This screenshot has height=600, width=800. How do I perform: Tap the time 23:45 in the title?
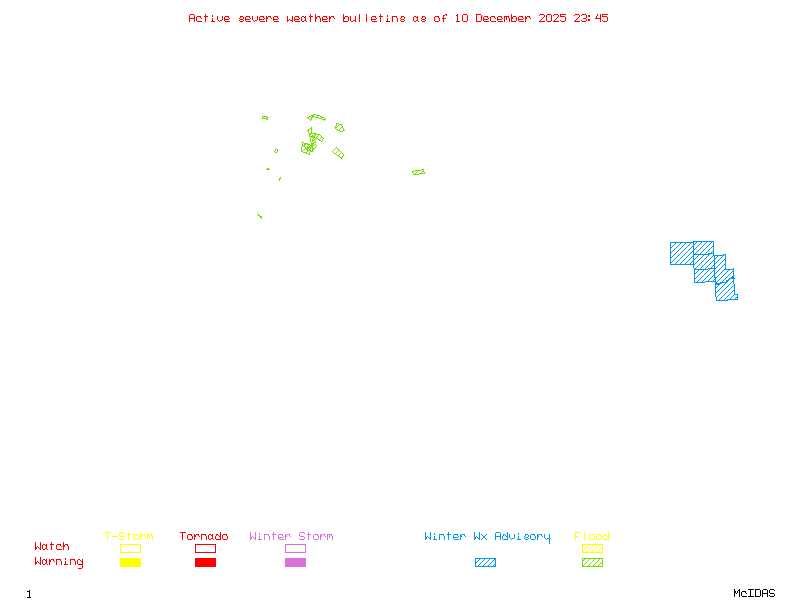[589, 18]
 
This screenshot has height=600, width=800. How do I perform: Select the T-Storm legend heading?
[129, 537]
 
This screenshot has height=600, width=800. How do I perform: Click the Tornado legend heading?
[204, 537]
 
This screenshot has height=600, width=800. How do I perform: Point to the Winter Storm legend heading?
[291, 537]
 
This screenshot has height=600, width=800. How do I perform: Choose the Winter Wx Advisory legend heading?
[487, 537]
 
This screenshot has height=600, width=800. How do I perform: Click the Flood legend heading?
[592, 537]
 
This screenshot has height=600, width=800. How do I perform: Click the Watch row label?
[52, 547]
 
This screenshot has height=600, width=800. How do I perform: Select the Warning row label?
[59, 562]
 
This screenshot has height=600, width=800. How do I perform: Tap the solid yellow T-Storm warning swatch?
[130, 562]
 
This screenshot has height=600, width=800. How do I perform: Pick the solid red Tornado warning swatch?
[205, 562]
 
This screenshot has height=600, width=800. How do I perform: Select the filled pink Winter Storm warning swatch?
[295, 562]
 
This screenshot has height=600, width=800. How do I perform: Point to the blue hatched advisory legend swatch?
[485, 562]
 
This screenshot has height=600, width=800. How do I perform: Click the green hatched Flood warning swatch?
[592, 562]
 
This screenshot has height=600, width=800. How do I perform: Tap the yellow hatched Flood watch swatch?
[592, 548]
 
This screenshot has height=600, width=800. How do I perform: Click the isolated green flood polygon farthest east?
[418, 172]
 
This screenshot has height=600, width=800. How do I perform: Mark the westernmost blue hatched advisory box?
[681, 253]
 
